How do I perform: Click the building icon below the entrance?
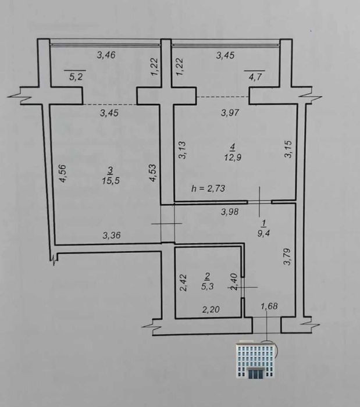pos(255,359)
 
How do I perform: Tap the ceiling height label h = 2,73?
pos(208,188)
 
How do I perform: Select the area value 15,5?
pos(111,180)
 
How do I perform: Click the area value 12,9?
pos(233,158)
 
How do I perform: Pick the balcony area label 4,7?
pos(255,77)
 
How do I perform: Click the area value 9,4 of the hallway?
pos(263,233)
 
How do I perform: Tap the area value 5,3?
pos(208,287)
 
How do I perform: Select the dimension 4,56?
pos(63,173)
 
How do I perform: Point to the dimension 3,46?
pos(106,55)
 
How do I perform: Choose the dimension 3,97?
pos(230,113)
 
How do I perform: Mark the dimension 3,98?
pos(230,212)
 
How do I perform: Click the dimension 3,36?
pos(112,235)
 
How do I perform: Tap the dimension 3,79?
pos(287,257)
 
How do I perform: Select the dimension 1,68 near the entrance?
pos(269,306)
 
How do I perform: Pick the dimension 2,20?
pos(211,309)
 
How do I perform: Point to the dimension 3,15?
pos(288,149)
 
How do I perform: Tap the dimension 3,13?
pos(182,150)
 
